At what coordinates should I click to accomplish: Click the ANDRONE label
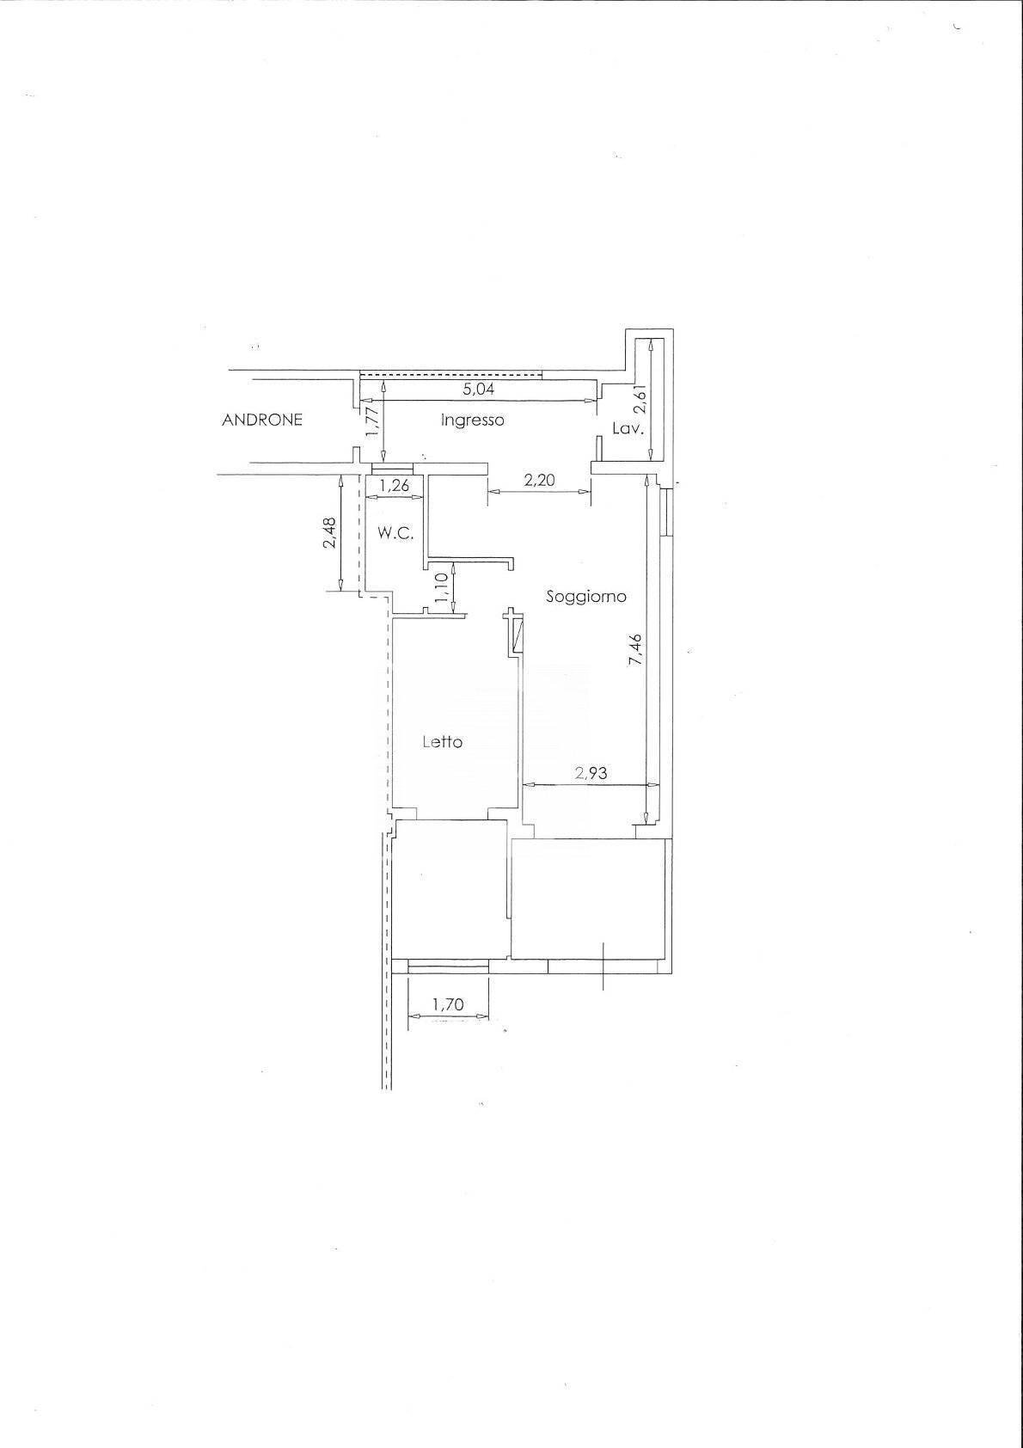(x=262, y=420)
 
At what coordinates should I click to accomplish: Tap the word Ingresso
(x=472, y=420)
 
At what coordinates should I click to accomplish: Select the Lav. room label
(x=628, y=429)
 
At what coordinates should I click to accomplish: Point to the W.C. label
(x=395, y=533)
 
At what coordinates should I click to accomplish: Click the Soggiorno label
(x=586, y=596)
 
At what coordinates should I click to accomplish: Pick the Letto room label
(x=443, y=741)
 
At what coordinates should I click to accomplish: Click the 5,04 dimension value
(x=479, y=389)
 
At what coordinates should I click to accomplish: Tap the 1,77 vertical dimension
(x=371, y=422)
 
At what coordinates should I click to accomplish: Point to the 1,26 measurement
(x=394, y=486)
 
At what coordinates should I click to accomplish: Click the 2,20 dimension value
(x=539, y=481)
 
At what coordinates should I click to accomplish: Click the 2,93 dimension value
(x=591, y=773)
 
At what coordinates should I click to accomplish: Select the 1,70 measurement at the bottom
(x=448, y=1003)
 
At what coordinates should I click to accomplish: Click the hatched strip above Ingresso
(x=450, y=374)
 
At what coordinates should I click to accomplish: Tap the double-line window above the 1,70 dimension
(x=448, y=968)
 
